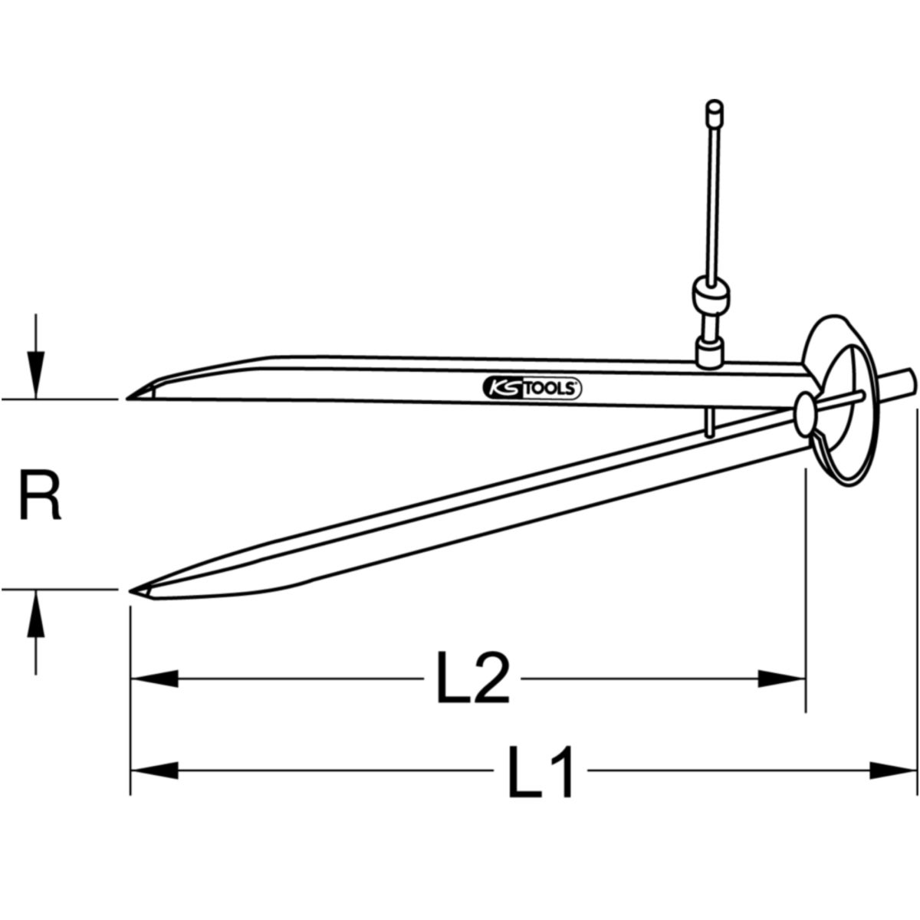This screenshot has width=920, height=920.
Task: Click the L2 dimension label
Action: click(x=473, y=678)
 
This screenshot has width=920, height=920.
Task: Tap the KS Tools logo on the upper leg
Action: click(x=532, y=388)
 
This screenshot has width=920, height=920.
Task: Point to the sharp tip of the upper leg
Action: click(x=127, y=398)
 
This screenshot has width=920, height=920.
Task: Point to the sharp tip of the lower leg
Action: click(x=130, y=591)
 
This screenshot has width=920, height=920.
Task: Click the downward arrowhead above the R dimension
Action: click(x=36, y=374)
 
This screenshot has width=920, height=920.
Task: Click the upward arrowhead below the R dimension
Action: click(x=36, y=614)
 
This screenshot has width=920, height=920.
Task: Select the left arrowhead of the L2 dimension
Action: click(x=154, y=678)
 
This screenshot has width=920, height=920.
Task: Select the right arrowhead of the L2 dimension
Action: click(x=782, y=678)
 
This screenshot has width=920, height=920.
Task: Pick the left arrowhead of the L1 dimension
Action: click(x=154, y=770)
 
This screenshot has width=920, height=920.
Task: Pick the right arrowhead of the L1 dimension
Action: click(x=893, y=770)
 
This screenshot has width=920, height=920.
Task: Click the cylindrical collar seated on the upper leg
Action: click(x=709, y=353)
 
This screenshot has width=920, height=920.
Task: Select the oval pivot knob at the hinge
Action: click(x=805, y=414)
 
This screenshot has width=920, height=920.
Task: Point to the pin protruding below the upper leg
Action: click(x=710, y=422)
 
